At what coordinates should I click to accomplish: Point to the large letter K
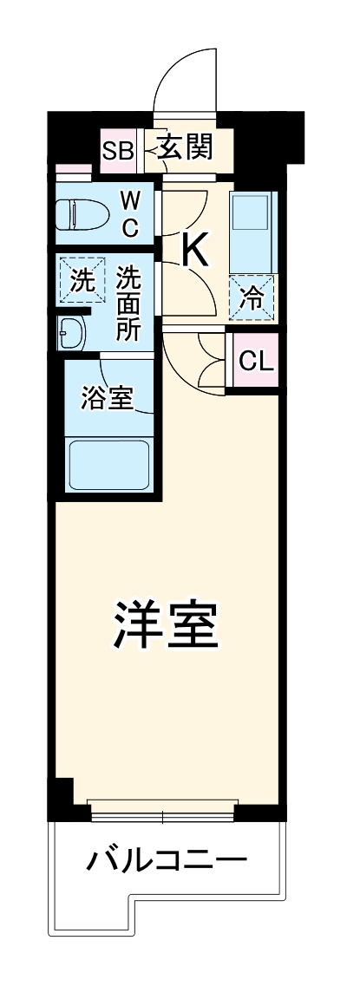tap(194, 251)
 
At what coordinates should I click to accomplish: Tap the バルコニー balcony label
tap(167, 862)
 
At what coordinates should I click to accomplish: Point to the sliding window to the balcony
tap(163, 814)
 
